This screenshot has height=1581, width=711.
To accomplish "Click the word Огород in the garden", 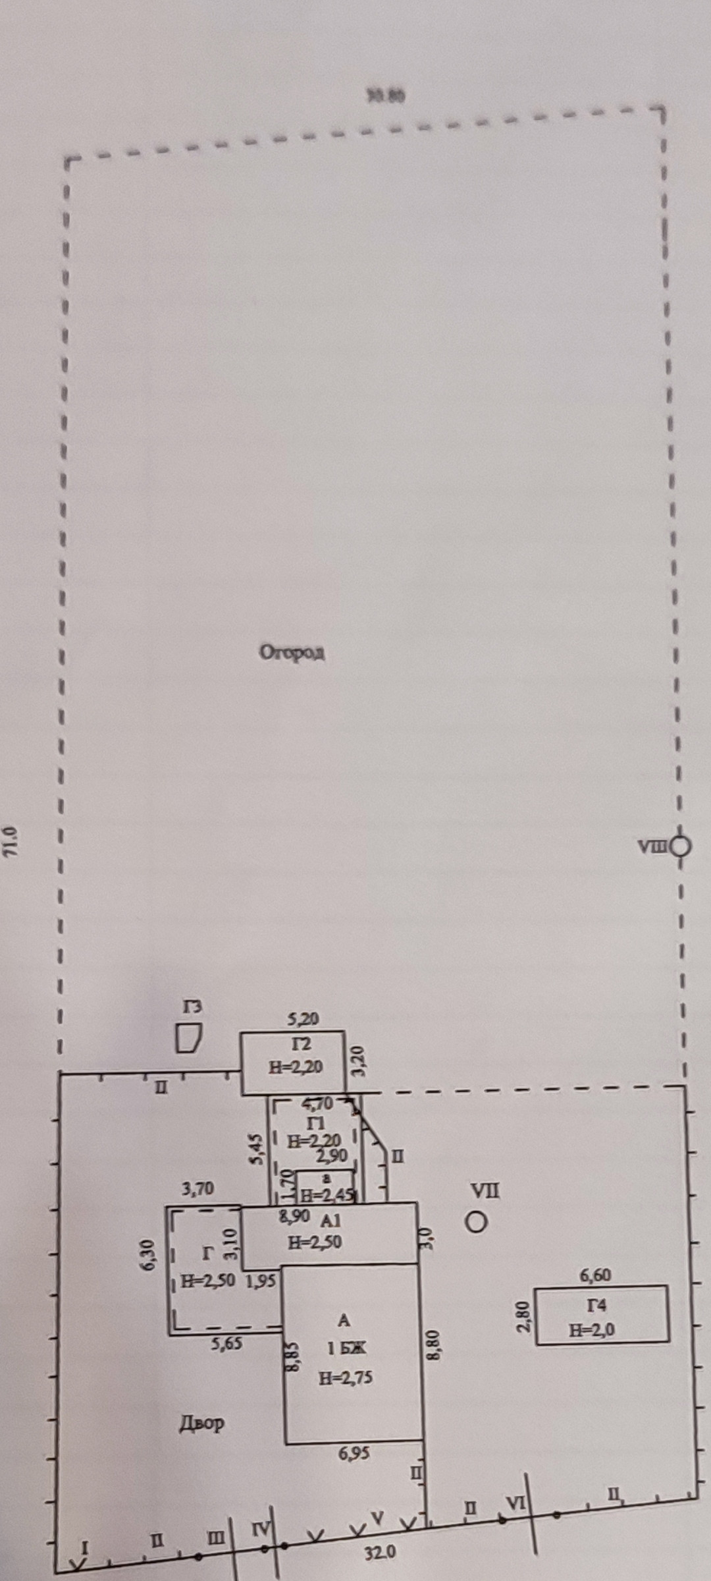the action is pos(292,653).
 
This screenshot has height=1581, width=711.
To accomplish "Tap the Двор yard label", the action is pos(202,1424).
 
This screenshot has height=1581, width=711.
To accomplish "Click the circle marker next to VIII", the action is pos(681,846).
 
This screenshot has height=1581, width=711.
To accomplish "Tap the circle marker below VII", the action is pos(475,1223).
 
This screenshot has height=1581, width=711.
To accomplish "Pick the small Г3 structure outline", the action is pos(188,1039).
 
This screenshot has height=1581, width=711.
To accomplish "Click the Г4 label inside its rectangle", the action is pos(596,1305).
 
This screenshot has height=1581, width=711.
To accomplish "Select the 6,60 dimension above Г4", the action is pos(595,1275).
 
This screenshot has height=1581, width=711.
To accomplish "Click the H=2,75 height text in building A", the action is pos(346,1377).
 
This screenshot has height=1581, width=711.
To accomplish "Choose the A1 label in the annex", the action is pos(331,1221).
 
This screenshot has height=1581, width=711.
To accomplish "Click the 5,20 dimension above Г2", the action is pos(303,1018).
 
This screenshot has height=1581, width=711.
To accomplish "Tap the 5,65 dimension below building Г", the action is pos(226,1343).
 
